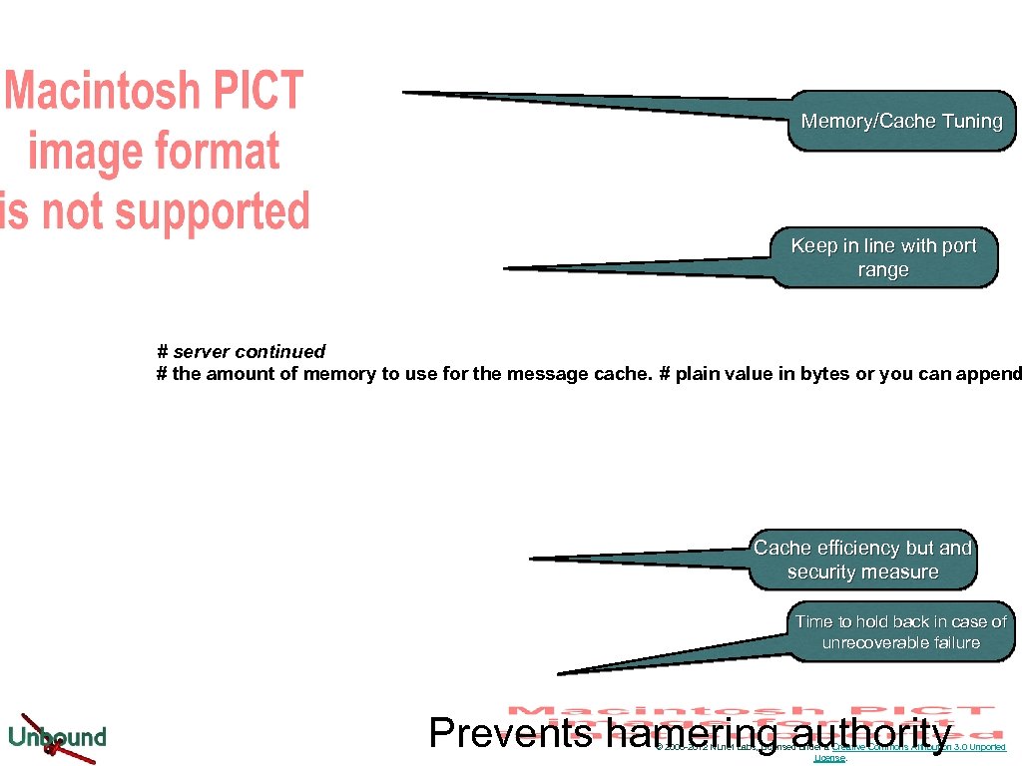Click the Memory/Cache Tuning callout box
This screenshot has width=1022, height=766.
click(x=901, y=122)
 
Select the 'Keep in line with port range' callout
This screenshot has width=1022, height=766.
click(x=883, y=257)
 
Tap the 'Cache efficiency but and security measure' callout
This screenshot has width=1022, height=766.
click(x=862, y=560)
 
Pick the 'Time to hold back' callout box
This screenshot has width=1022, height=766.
click(x=900, y=631)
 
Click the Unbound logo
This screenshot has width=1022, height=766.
click(x=57, y=737)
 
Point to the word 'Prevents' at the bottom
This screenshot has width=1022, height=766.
click(x=511, y=733)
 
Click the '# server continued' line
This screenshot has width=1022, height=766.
click(x=242, y=352)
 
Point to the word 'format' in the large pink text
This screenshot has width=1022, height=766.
click(x=224, y=153)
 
